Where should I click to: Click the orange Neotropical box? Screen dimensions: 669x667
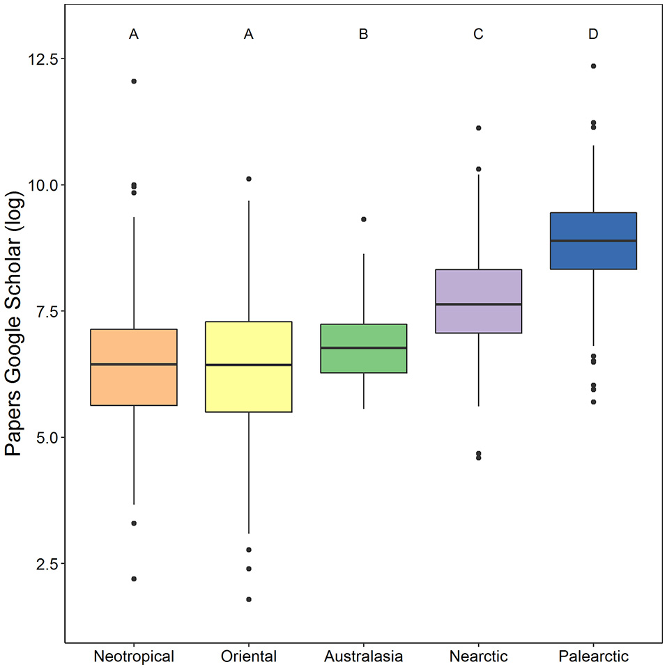tap(134, 367)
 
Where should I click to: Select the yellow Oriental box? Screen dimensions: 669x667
tap(249, 367)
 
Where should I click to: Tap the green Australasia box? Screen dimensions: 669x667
tap(363, 348)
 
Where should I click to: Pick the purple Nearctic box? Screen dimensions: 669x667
tap(478, 301)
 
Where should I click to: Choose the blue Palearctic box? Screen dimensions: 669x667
tap(593, 241)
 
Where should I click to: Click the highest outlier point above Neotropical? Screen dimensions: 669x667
tap(134, 81)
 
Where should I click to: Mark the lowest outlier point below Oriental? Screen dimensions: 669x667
tap(249, 599)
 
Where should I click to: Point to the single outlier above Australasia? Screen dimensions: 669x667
tap(363, 219)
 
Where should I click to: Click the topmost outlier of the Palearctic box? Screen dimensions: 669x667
tap(593, 66)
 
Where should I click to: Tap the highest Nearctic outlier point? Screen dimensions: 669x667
tap(478, 128)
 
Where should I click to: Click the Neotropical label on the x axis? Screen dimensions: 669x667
tap(134, 656)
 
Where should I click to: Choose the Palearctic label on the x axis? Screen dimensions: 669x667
tap(593, 656)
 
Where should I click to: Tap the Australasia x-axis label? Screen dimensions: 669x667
tap(363, 656)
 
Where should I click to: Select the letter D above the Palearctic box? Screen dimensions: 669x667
tap(593, 34)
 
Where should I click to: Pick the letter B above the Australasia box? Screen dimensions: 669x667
tap(363, 34)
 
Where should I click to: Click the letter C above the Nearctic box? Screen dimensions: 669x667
tap(478, 34)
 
